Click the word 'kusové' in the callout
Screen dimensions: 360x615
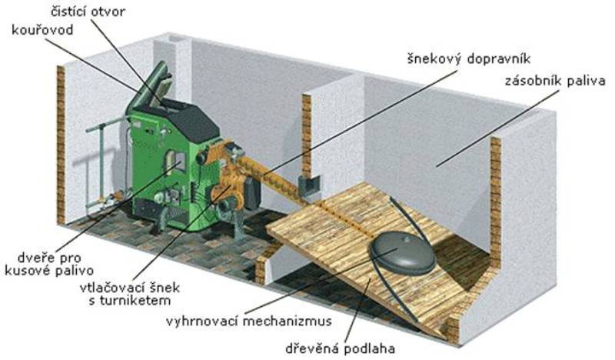click(77, 271)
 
